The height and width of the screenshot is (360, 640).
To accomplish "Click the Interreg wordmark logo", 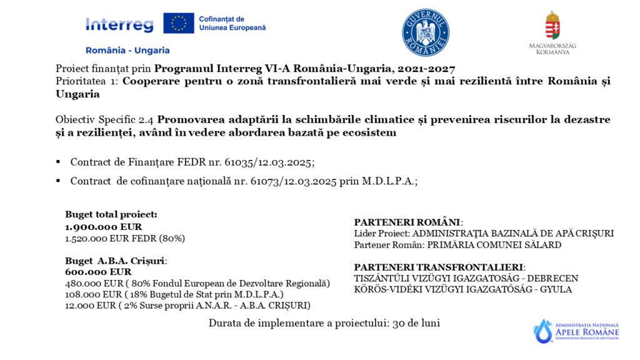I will tap(119, 24).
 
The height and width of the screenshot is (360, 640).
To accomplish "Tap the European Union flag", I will tap(179, 23).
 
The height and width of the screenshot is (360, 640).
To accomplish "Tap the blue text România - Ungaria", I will tap(127, 50).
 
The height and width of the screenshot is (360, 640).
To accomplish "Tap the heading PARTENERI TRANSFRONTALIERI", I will tap(439, 267).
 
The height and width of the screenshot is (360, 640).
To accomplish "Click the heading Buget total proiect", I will tap(111, 214).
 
